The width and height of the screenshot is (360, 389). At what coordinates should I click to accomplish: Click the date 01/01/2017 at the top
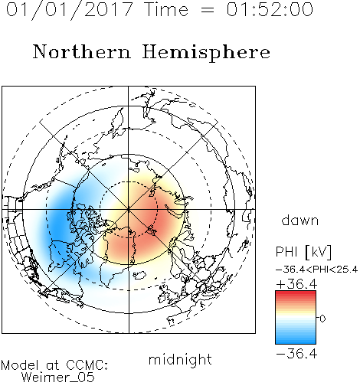tap(70, 9)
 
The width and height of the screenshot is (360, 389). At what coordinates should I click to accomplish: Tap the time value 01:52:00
tap(270, 9)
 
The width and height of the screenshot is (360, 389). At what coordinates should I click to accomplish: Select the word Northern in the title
tap(82, 52)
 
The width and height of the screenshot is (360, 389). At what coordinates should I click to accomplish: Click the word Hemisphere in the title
tap(206, 52)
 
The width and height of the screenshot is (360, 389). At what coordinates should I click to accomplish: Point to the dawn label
tap(300, 221)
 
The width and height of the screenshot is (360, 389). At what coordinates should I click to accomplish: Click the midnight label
tap(180, 360)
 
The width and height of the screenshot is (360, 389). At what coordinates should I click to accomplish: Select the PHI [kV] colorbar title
tap(303, 252)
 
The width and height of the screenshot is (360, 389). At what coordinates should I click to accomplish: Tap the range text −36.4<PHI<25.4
tap(316, 270)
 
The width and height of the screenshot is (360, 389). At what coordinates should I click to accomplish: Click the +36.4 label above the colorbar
tap(296, 284)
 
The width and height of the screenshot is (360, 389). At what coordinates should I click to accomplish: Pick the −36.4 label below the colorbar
tap(296, 354)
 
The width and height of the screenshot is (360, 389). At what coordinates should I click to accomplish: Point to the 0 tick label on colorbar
tap(322, 319)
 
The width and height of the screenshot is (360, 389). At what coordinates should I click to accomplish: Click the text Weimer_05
tap(58, 378)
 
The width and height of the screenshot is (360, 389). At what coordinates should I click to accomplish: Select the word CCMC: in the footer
tap(87, 365)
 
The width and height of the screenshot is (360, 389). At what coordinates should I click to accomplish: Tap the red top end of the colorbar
tap(296, 293)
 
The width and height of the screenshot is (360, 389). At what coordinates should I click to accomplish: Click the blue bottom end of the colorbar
tap(296, 342)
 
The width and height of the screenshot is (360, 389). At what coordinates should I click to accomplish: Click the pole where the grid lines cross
tap(129, 209)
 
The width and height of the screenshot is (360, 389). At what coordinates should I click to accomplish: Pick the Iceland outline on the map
tap(139, 275)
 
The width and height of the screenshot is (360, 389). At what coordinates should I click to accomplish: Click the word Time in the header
tap(166, 9)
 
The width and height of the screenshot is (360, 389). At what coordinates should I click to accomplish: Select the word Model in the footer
tap(19, 365)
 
